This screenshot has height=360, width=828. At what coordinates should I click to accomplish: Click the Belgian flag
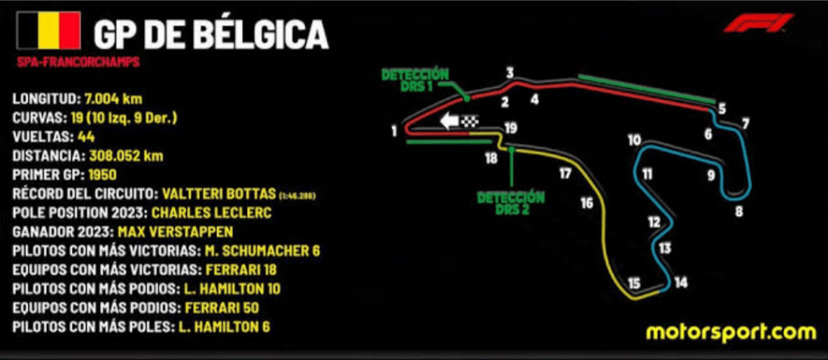pos(48,32)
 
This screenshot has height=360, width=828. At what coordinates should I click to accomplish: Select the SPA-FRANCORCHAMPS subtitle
pos(79,62)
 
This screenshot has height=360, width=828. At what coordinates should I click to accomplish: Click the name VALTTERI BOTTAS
pos(219,193)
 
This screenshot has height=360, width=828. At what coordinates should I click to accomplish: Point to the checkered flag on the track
pos(469,122)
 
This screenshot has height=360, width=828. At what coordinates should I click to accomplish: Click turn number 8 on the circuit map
pos(738,213)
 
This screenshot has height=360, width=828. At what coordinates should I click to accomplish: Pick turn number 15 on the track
pos(634,282)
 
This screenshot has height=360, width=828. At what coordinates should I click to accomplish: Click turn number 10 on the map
pos(634,140)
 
